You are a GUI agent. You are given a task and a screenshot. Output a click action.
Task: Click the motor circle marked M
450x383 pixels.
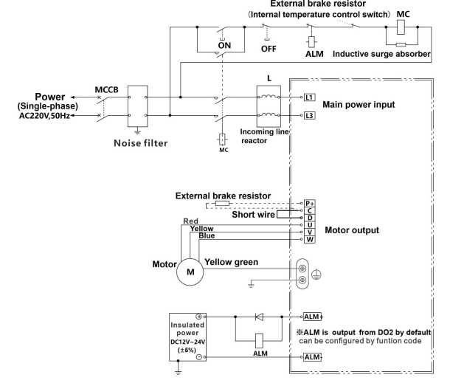tap(190, 272)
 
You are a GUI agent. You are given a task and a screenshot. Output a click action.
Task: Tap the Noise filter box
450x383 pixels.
tap(139, 106)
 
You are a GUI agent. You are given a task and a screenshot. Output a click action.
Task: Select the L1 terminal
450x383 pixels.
tap(310, 97)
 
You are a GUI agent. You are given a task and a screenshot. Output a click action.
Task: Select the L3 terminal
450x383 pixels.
tap(310, 116)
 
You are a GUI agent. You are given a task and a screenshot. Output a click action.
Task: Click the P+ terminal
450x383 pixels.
tap(310, 202)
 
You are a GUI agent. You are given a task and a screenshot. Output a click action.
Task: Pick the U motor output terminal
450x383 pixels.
tap(310, 224)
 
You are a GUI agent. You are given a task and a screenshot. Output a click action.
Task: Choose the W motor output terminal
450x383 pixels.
tap(310, 238)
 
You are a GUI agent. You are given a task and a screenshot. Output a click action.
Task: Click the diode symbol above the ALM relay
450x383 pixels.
tap(259, 317)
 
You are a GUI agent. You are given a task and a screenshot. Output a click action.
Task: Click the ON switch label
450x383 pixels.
tap(224, 45)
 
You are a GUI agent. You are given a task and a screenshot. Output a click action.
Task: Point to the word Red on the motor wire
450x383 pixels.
tap(190, 221)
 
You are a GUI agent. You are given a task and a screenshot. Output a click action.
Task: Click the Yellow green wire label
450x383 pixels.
tap(236, 261)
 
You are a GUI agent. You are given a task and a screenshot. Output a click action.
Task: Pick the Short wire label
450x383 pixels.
tap(253, 215)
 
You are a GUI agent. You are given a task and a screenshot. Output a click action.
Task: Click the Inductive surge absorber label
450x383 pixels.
tap(381, 53)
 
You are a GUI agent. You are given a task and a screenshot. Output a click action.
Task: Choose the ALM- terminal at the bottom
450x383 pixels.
tap(313, 357)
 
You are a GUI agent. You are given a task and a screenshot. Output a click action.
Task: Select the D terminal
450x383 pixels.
tap(310, 217)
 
